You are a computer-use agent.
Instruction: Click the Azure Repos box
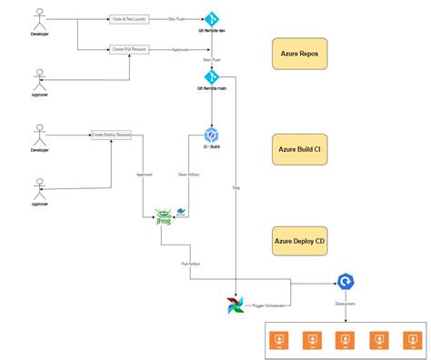(299, 54)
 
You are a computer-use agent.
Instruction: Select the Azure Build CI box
(299, 148)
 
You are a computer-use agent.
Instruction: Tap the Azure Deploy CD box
(299, 241)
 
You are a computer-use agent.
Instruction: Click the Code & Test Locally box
(129, 17)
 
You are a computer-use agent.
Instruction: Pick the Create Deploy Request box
(111, 134)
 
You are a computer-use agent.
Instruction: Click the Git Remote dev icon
(211, 17)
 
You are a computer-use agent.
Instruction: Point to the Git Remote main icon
(211, 76)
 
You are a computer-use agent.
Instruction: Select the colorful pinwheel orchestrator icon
(236, 305)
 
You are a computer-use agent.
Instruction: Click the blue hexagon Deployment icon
(345, 282)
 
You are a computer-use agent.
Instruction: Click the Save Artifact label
(189, 175)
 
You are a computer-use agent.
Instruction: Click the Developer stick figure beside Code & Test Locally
(39, 22)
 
